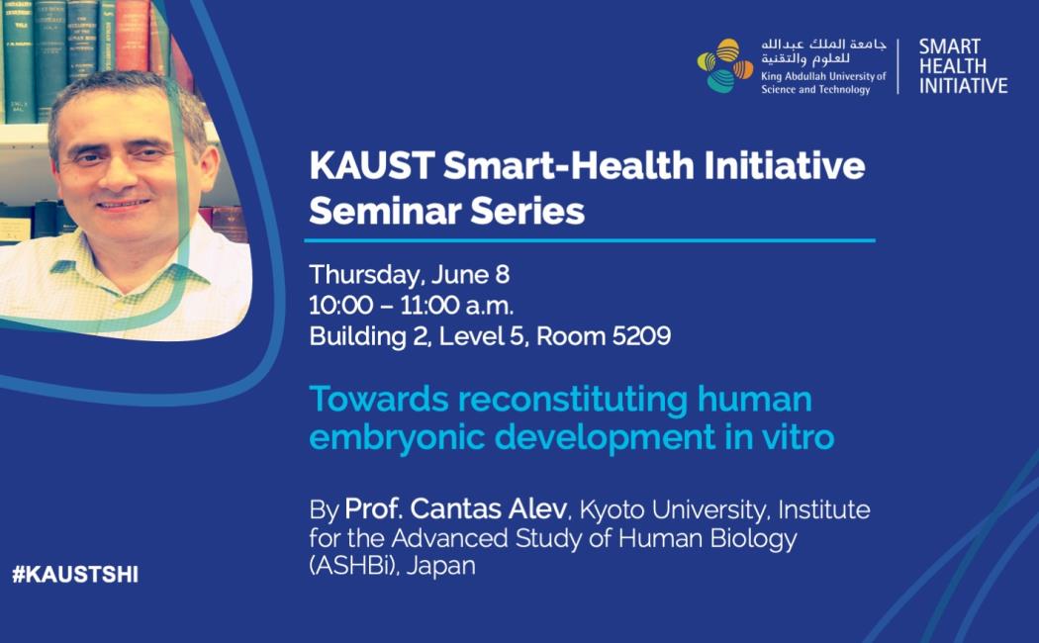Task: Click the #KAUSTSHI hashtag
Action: click(x=75, y=574)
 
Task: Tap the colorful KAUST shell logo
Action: click(x=725, y=65)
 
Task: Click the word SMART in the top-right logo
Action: click(x=950, y=46)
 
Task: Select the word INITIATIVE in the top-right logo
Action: click(x=964, y=86)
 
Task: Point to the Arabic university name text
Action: click(x=823, y=51)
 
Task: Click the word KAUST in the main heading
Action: click(x=372, y=165)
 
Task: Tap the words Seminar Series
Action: click(x=446, y=212)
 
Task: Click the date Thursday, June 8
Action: click(x=409, y=275)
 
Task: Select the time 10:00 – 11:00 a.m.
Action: click(x=411, y=306)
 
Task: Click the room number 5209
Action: click(x=641, y=336)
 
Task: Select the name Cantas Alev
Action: click(x=489, y=509)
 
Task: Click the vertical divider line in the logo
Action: click(x=899, y=66)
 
